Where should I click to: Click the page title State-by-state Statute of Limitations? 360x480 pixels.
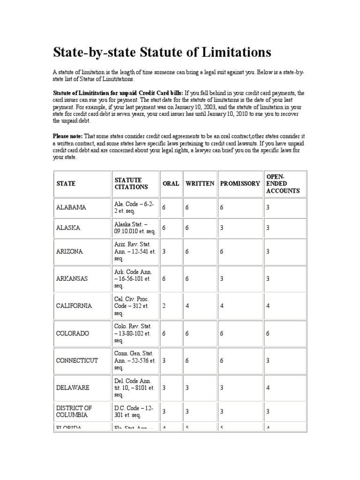point(162,52)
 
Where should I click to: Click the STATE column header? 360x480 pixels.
point(66,184)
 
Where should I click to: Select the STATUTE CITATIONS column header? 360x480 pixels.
point(131,183)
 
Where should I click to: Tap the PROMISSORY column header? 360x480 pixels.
point(239,184)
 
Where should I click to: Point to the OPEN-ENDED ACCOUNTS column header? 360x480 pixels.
point(283,183)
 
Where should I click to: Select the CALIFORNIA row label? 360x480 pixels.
point(74,306)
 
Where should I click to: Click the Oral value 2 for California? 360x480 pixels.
point(164,306)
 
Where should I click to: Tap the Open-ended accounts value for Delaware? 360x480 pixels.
point(268,388)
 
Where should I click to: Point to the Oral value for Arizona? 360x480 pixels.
point(164,251)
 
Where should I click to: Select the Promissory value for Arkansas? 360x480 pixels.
point(221,278)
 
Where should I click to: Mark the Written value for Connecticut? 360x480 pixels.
point(187,361)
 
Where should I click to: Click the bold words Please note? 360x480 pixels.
point(67,136)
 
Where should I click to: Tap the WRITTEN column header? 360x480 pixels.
point(200,184)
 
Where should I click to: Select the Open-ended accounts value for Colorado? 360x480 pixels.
point(268,333)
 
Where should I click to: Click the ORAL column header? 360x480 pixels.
point(171,184)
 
